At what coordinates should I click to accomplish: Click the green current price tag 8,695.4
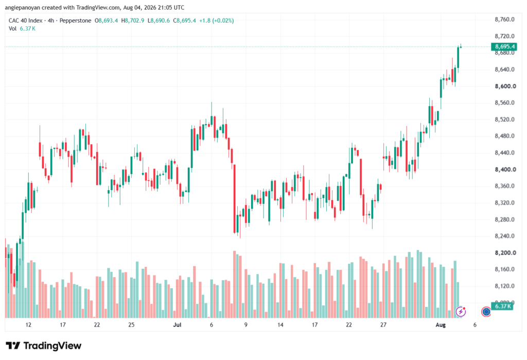pyautogui.click(x=504, y=46)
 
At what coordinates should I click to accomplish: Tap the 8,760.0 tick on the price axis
pyautogui.click(x=504, y=20)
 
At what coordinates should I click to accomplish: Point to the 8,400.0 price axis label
pyautogui.click(x=505, y=169)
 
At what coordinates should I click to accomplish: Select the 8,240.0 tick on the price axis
pyautogui.click(x=504, y=236)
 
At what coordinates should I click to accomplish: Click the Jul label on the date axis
pyautogui.click(x=177, y=324)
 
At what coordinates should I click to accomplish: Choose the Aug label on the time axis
pyautogui.click(x=441, y=324)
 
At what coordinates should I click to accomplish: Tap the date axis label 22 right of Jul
pyautogui.click(x=349, y=324)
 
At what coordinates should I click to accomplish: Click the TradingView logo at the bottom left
pyautogui.click(x=44, y=346)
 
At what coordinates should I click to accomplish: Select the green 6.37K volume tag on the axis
pyautogui.click(x=502, y=306)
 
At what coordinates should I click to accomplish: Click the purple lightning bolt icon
pyautogui.click(x=461, y=312)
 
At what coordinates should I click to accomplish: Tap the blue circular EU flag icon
pyautogui.click(x=486, y=312)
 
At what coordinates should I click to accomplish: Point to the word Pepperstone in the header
pyautogui.click(x=75, y=21)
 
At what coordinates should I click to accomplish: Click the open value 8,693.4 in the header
pyautogui.click(x=108, y=21)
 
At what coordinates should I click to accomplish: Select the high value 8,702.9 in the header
pyautogui.click(x=134, y=21)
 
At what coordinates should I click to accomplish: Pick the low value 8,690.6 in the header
pyautogui.click(x=160, y=21)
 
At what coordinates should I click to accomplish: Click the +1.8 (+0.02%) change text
pyautogui.click(x=217, y=21)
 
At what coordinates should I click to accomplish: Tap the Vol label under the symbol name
pyautogui.click(x=12, y=29)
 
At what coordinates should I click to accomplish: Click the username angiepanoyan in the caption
pyautogui.click(x=23, y=7)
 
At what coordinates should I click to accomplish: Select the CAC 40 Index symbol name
pyautogui.click(x=26, y=21)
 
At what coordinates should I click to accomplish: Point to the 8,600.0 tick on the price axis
pyautogui.click(x=505, y=86)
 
